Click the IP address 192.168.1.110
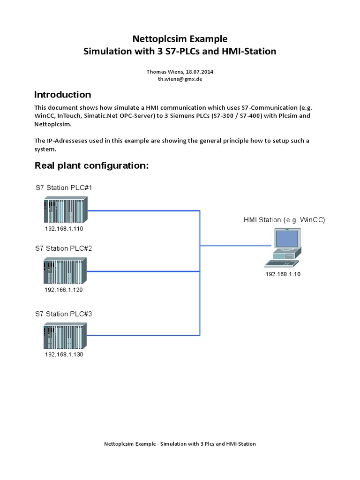click(64, 229)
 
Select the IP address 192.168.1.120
click(64, 290)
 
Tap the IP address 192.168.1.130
click(64, 354)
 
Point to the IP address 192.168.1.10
click(283, 274)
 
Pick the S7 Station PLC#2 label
click(63, 248)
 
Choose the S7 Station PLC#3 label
click(63, 314)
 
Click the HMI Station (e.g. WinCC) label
click(285, 220)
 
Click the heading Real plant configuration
click(92, 165)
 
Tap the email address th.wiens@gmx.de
click(180, 80)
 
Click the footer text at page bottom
click(180, 443)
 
